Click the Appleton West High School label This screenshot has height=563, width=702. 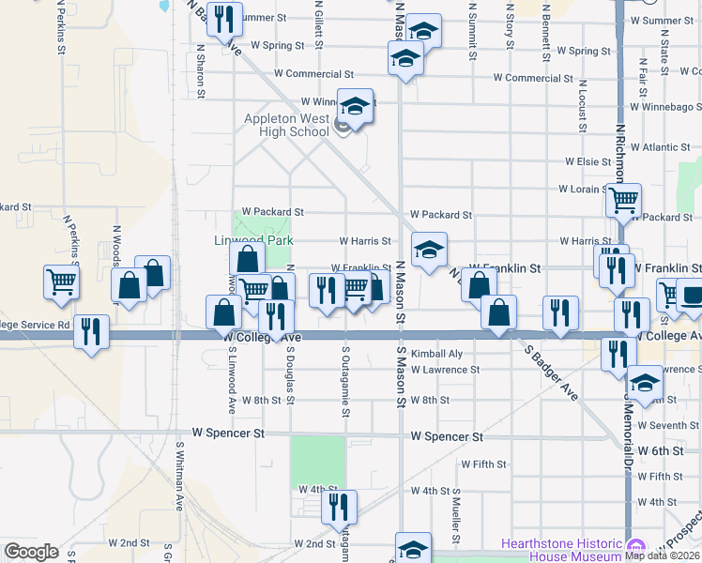click(286, 125)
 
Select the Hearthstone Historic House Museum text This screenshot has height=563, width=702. click(562, 549)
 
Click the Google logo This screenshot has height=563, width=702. click(31, 552)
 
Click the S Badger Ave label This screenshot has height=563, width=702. click(551, 373)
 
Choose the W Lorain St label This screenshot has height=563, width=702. click(585, 189)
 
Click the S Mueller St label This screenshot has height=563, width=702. click(456, 515)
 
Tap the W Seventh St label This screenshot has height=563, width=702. click(667, 426)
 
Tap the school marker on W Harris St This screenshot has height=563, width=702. click(429, 250)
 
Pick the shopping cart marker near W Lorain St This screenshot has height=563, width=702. click(622, 200)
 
